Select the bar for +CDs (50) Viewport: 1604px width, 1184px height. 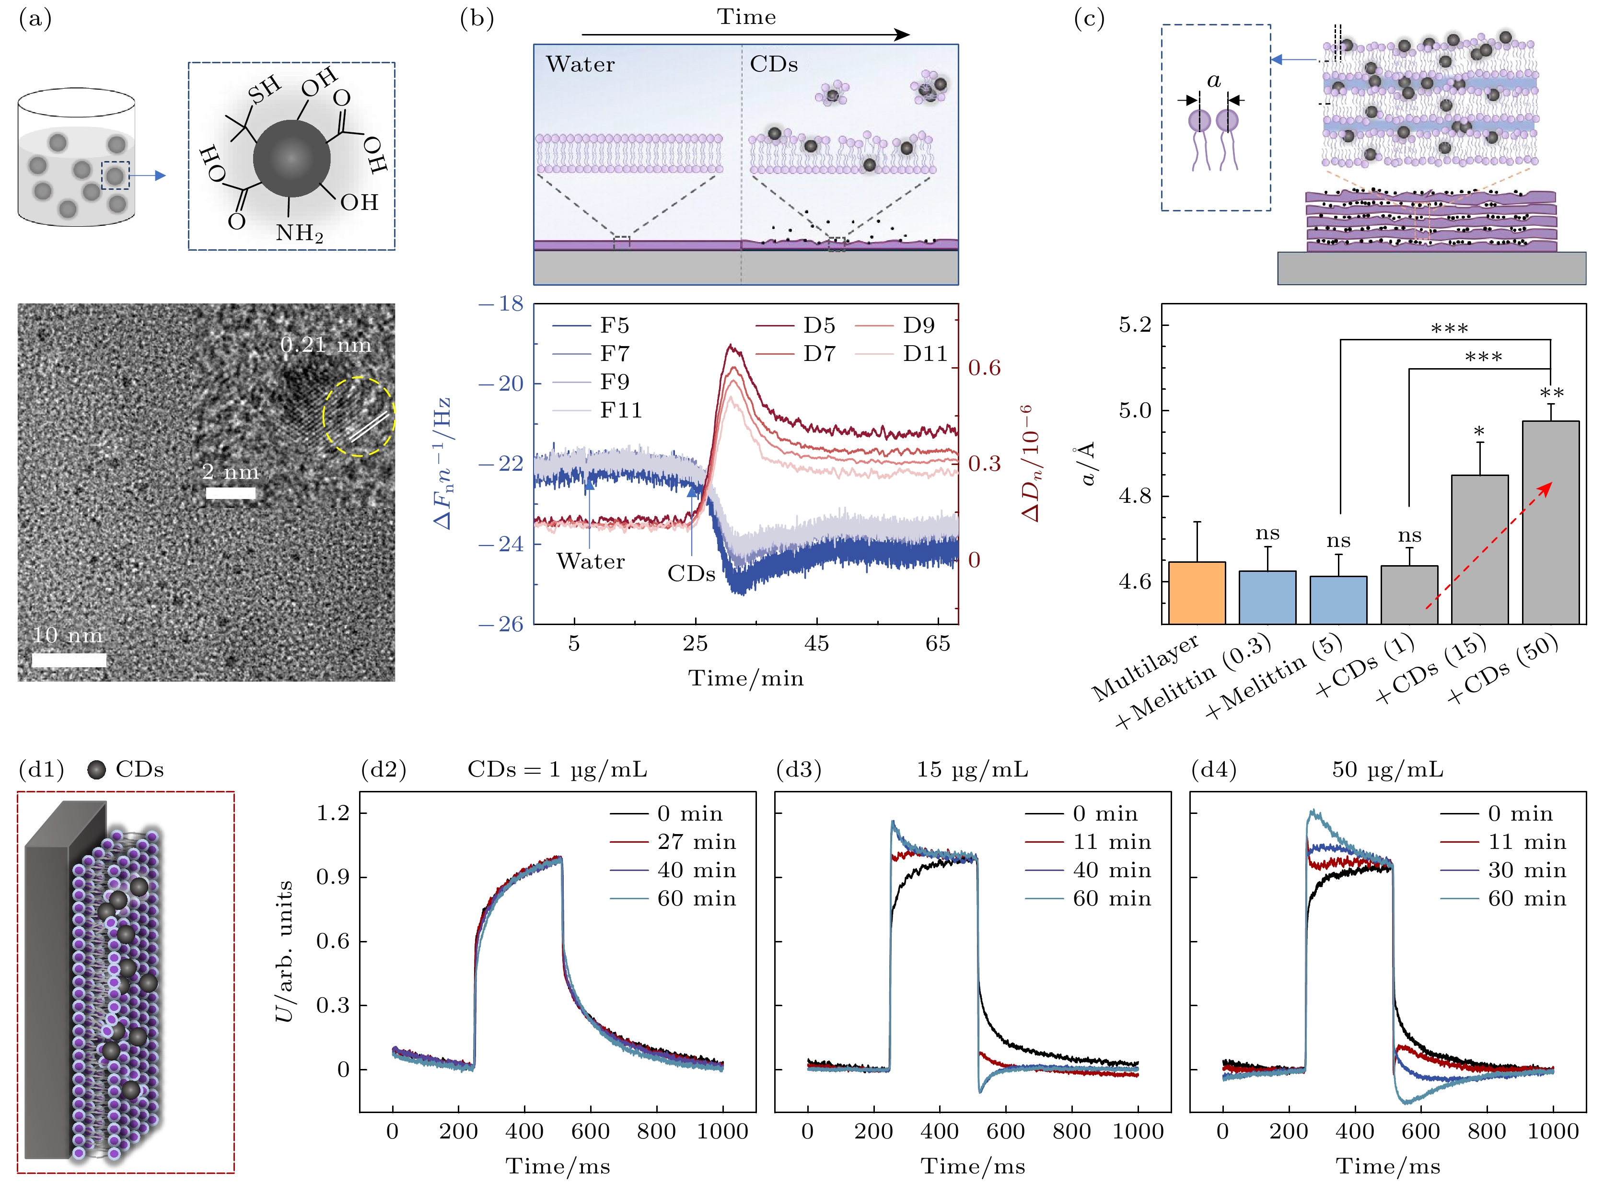(1550, 522)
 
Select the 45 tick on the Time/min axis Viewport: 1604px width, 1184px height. (816, 644)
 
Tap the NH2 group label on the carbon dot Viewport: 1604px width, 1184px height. (300, 233)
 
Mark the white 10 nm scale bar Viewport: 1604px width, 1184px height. (69, 660)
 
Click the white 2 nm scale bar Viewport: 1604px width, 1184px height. (231, 493)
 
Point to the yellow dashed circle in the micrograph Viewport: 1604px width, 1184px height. (359, 417)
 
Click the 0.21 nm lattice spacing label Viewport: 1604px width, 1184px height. (325, 346)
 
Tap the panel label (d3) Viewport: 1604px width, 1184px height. (799, 770)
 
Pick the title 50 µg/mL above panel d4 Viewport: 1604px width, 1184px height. (1387, 770)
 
